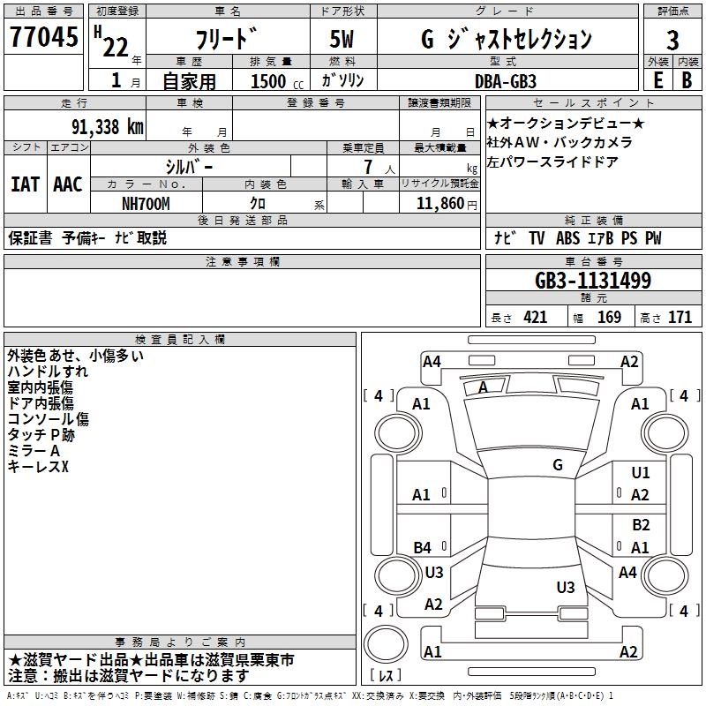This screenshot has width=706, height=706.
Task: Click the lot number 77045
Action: click(44, 39)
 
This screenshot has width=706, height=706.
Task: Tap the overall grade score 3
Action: click(672, 40)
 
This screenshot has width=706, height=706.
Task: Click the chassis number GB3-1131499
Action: click(593, 281)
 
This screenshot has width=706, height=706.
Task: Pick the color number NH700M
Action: click(146, 203)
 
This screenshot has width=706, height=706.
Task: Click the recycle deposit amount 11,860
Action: click(438, 203)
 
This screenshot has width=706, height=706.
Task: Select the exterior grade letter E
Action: click(657, 79)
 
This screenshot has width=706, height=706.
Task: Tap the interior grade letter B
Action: click(687, 79)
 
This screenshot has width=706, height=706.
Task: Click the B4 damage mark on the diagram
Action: click(422, 547)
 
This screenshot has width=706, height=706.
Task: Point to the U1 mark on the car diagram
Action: click(640, 474)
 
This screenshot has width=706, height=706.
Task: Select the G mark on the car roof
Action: click(558, 464)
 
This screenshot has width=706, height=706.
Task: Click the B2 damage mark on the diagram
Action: click(641, 525)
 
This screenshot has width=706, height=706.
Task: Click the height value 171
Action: click(680, 318)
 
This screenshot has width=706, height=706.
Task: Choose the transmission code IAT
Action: click(25, 184)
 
